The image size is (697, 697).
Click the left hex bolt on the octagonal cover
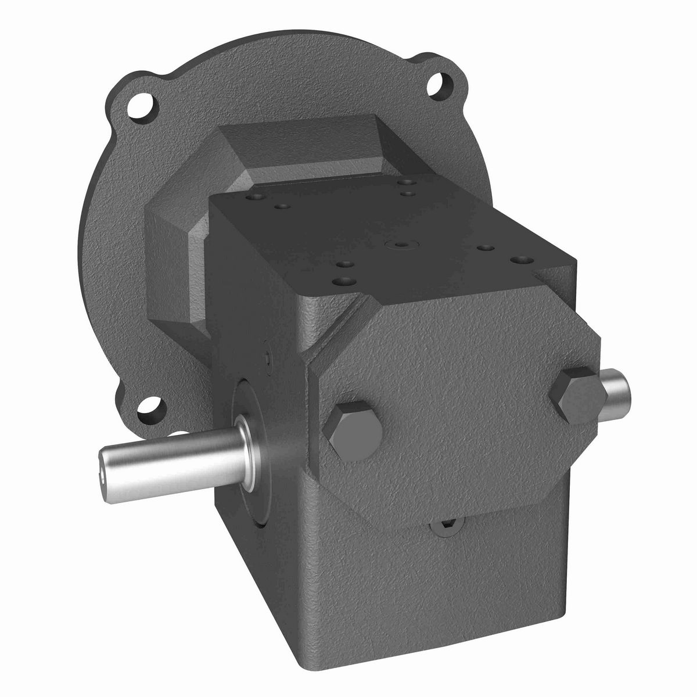354,427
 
